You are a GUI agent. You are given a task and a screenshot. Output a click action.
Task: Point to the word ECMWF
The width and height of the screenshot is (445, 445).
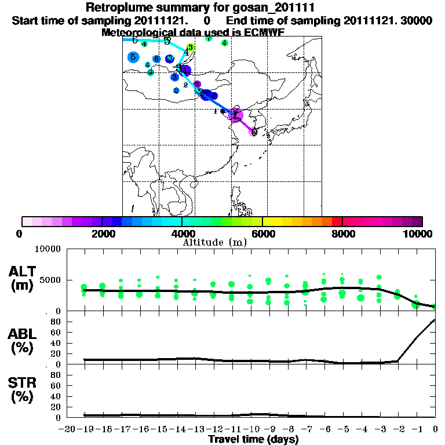(264, 32)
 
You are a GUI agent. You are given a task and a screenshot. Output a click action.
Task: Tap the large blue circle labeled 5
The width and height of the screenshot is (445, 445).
(133, 57)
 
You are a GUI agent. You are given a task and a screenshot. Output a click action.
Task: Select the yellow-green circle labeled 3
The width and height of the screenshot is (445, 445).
(190, 48)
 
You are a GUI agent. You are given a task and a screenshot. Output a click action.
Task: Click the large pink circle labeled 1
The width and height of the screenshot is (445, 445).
(235, 115)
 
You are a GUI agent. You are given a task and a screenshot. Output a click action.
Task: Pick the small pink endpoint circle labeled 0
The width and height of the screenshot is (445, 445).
(254, 132)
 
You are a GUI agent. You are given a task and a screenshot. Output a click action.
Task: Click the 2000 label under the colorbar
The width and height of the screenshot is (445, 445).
(101, 234)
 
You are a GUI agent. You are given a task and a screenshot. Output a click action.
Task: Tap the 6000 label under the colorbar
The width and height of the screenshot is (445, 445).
(262, 234)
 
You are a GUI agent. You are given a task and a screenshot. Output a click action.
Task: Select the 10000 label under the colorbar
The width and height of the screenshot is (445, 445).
(420, 234)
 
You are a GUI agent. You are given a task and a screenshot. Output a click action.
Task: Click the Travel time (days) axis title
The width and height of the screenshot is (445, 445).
(253, 440)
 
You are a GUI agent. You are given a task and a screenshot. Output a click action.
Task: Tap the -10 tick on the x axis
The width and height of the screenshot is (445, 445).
(250, 429)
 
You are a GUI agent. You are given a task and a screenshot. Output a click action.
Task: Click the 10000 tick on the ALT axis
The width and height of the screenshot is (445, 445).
(49, 249)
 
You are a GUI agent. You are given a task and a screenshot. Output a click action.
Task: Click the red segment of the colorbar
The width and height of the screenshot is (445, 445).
(337, 221)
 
